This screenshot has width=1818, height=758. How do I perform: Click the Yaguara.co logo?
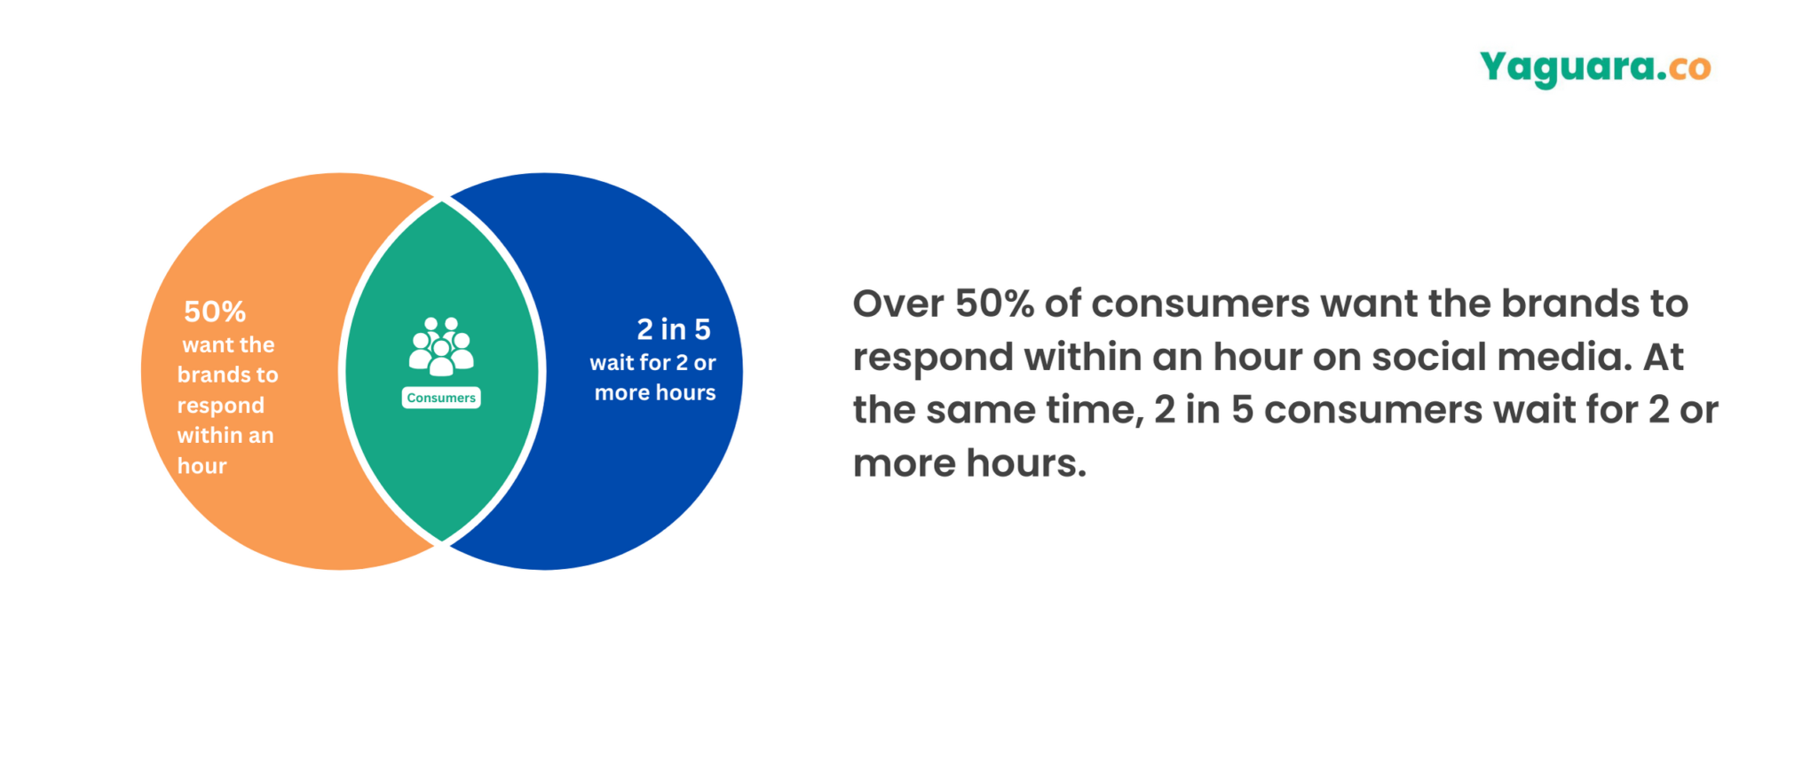pos(1594,67)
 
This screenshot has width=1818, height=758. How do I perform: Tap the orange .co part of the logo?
pos(1689,68)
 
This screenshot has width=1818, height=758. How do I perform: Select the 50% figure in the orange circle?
pos(215,312)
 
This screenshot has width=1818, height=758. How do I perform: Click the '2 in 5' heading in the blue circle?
pos(674,329)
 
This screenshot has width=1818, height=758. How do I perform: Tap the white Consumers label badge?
pos(441,398)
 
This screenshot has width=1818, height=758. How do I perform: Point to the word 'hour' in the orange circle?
pos(202,466)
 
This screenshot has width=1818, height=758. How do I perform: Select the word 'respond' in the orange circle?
pos(220,406)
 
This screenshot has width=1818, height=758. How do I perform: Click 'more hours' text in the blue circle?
pos(654,392)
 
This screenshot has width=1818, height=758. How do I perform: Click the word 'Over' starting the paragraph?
pos(898,304)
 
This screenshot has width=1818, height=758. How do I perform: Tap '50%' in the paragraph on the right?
pos(994,304)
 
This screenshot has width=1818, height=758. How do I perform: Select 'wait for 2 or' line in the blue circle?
pos(652,362)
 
